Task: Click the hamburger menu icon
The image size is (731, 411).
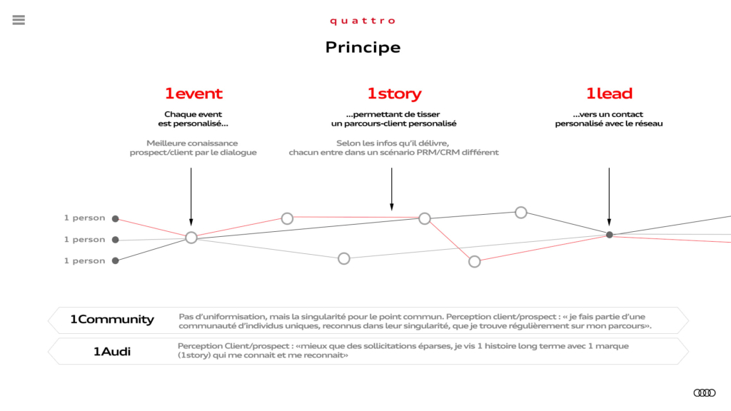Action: click(x=19, y=20)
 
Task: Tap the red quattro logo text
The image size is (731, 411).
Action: click(x=363, y=21)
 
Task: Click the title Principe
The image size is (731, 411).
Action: click(x=363, y=48)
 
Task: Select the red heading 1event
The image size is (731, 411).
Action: click(x=193, y=93)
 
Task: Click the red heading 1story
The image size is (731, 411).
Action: click(x=394, y=93)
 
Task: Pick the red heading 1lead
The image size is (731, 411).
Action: click(x=609, y=93)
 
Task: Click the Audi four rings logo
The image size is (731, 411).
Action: click(x=705, y=393)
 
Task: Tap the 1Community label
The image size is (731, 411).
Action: click(x=112, y=319)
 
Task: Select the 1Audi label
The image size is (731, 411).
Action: click(x=112, y=351)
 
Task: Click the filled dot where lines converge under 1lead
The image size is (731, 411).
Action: click(x=610, y=235)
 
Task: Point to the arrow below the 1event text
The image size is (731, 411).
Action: click(x=191, y=197)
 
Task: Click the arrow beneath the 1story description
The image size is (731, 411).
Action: click(x=392, y=189)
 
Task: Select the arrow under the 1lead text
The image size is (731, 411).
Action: click(x=609, y=197)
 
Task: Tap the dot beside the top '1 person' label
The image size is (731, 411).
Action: click(x=115, y=218)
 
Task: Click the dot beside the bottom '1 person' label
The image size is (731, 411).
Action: click(x=115, y=260)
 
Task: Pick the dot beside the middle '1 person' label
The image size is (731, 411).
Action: click(x=115, y=240)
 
